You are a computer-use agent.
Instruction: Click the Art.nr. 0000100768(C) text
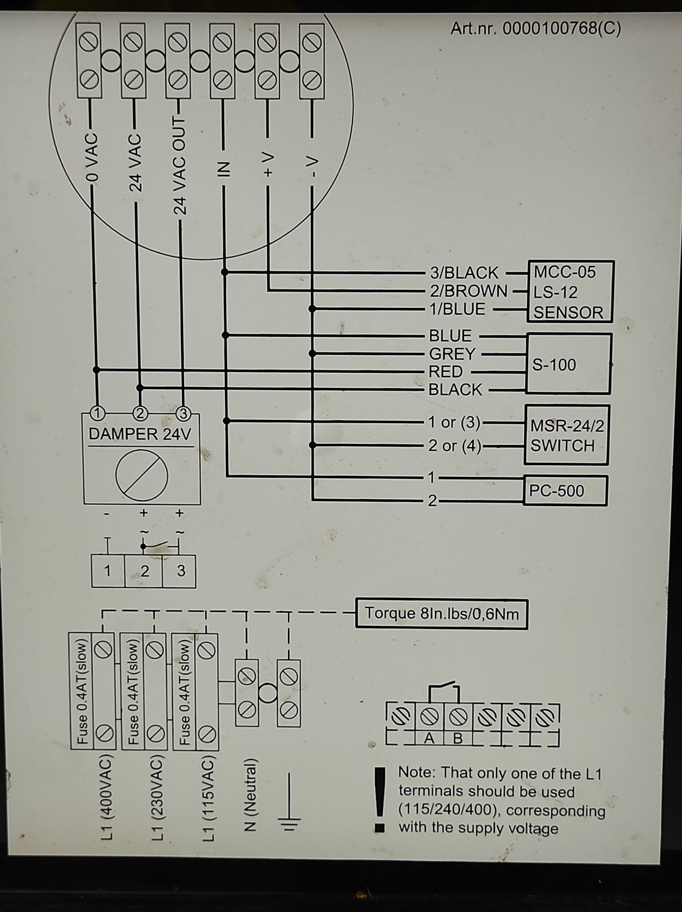[x=535, y=29]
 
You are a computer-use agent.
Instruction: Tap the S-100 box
[x=569, y=364]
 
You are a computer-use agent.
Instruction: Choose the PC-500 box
[x=566, y=491]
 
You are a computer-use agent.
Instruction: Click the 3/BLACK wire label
[x=464, y=273]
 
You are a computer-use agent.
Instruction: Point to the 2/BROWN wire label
[x=469, y=291]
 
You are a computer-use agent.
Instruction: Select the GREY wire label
[x=452, y=354]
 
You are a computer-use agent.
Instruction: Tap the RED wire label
[x=446, y=372]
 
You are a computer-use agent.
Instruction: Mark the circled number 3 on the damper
[x=183, y=414]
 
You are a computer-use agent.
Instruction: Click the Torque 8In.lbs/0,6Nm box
[x=441, y=614]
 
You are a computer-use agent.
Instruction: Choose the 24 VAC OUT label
[x=179, y=165]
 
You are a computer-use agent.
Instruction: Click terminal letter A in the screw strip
[x=429, y=739]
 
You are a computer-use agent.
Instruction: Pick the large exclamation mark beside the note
[x=380, y=799]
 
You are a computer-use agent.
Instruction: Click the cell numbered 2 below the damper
[x=145, y=571]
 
